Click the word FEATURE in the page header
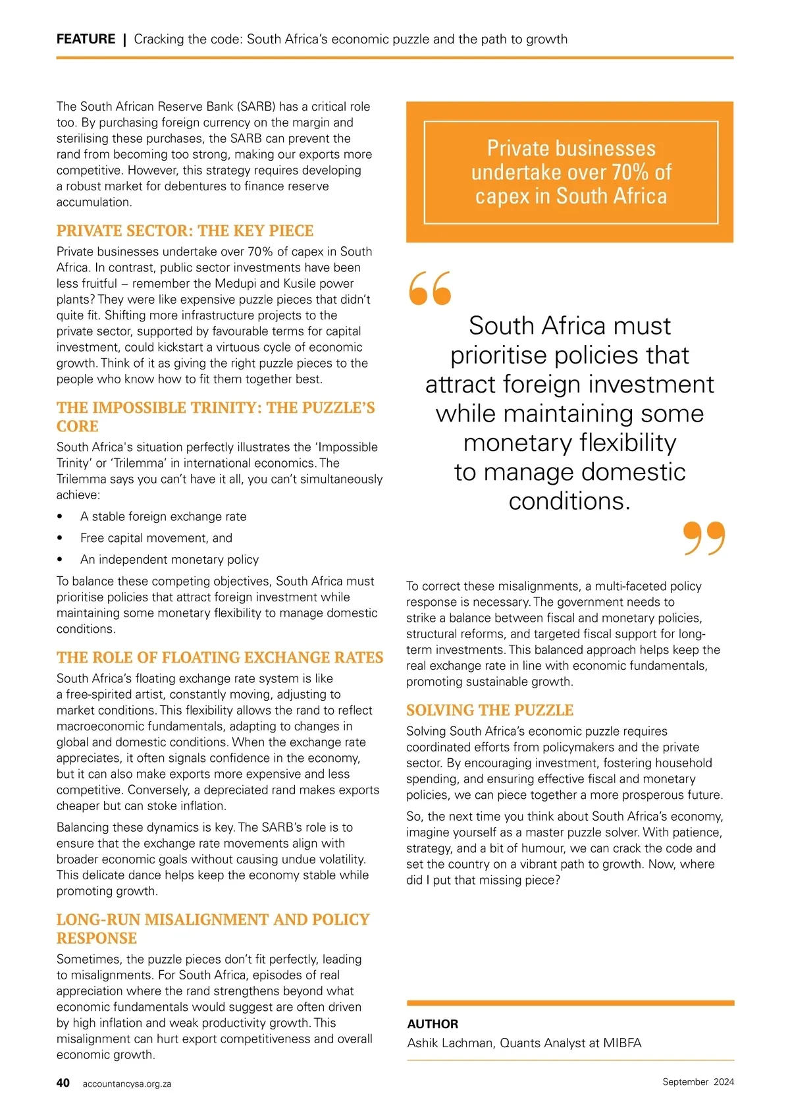tap(86, 39)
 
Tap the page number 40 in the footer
tap(63, 1083)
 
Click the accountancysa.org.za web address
tap(127, 1083)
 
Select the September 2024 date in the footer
tap(698, 1081)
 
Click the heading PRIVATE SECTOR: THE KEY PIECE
tap(185, 231)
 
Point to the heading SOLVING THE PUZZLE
tap(490, 710)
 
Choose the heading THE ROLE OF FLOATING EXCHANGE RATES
tap(220, 657)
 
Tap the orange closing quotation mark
tap(704, 537)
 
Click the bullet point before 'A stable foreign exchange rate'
tap(61, 517)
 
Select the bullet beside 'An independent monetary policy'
tap(61, 560)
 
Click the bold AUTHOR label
tap(433, 1024)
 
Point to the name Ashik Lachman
tap(450, 1043)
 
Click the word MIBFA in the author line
tap(622, 1043)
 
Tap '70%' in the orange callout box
tap(631, 172)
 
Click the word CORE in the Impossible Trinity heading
tap(77, 426)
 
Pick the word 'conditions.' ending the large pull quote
tap(569, 501)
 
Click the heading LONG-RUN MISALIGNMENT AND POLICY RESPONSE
tap(213, 929)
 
